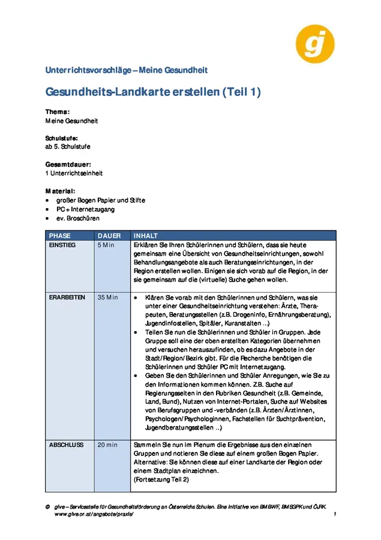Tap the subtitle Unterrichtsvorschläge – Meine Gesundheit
pos(127,70)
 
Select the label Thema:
pos(58,112)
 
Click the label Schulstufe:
pos(61,138)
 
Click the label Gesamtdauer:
pos(68,164)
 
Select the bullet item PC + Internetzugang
pos(85,209)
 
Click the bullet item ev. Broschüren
pos(78,218)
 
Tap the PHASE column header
pos(60,236)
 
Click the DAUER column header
pos(109,236)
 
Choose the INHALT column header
pos(146,236)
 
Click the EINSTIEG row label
pos(62,245)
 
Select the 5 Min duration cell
pos(106,245)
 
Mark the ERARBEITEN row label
pos(67,298)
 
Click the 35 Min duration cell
pos(108,298)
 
